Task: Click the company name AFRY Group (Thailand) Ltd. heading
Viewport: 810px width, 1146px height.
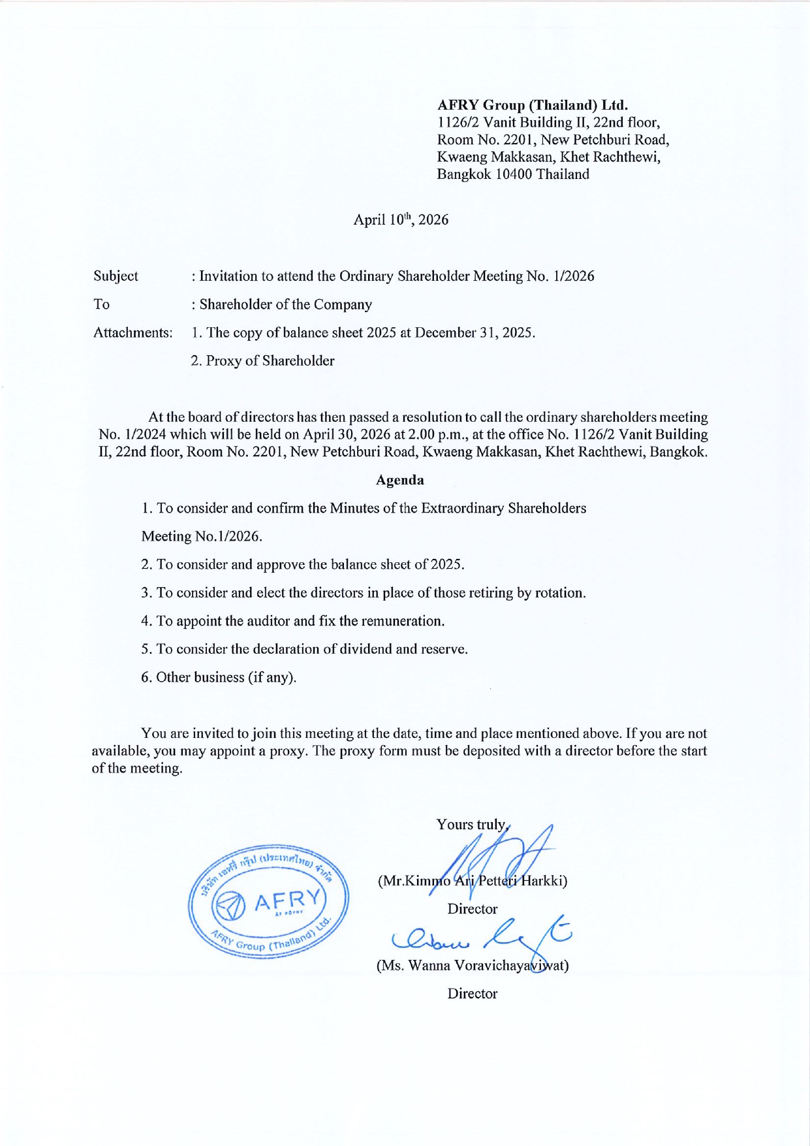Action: click(x=532, y=104)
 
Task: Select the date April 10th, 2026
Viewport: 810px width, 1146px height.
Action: click(x=401, y=219)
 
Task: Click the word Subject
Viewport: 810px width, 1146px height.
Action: click(x=116, y=276)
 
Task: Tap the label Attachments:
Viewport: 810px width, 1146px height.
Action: click(x=132, y=332)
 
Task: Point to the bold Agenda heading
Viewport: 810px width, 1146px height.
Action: click(x=399, y=480)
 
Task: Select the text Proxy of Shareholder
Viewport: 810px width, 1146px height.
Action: click(x=270, y=360)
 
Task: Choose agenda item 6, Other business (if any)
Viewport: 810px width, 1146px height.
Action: click(x=219, y=677)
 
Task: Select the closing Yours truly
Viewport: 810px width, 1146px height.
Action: click(x=472, y=824)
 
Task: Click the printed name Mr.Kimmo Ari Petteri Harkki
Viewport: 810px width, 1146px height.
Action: click(x=473, y=880)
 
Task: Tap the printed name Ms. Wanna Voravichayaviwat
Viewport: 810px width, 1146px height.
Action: click(x=473, y=965)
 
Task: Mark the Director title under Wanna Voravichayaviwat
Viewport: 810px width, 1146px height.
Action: click(x=473, y=993)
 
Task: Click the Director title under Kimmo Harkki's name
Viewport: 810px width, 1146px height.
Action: click(x=473, y=908)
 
